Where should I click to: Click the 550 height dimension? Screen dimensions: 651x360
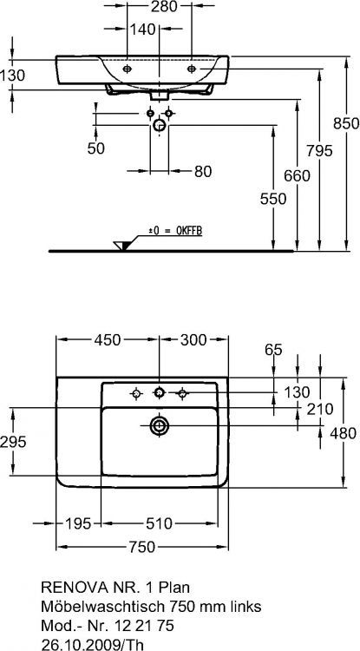[272, 199]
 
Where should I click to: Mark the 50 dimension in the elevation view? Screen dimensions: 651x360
[96, 148]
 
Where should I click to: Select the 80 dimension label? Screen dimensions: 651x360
[202, 172]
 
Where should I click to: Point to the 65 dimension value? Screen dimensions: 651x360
[274, 350]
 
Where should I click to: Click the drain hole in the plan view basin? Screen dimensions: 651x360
[160, 425]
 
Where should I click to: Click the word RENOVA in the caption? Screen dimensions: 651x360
[71, 588]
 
